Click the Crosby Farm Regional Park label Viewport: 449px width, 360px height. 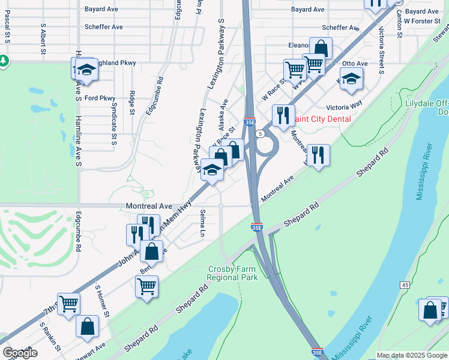click(232, 273)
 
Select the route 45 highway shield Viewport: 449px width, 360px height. click(405, 284)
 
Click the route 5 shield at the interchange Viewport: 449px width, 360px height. click(260, 133)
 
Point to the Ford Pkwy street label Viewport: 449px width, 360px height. click(100, 98)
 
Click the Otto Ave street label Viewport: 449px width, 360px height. click(354, 63)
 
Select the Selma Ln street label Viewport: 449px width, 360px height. click(203, 223)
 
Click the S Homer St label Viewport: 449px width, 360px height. click(103, 301)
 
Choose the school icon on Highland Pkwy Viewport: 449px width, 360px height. click(86, 70)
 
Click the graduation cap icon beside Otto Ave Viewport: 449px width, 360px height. click(352, 79)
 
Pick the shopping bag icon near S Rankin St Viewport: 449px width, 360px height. click(88, 327)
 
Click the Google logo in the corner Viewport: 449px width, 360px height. click(19, 353)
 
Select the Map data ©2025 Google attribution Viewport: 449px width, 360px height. click(412, 355)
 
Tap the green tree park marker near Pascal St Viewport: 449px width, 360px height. click(4, 61)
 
